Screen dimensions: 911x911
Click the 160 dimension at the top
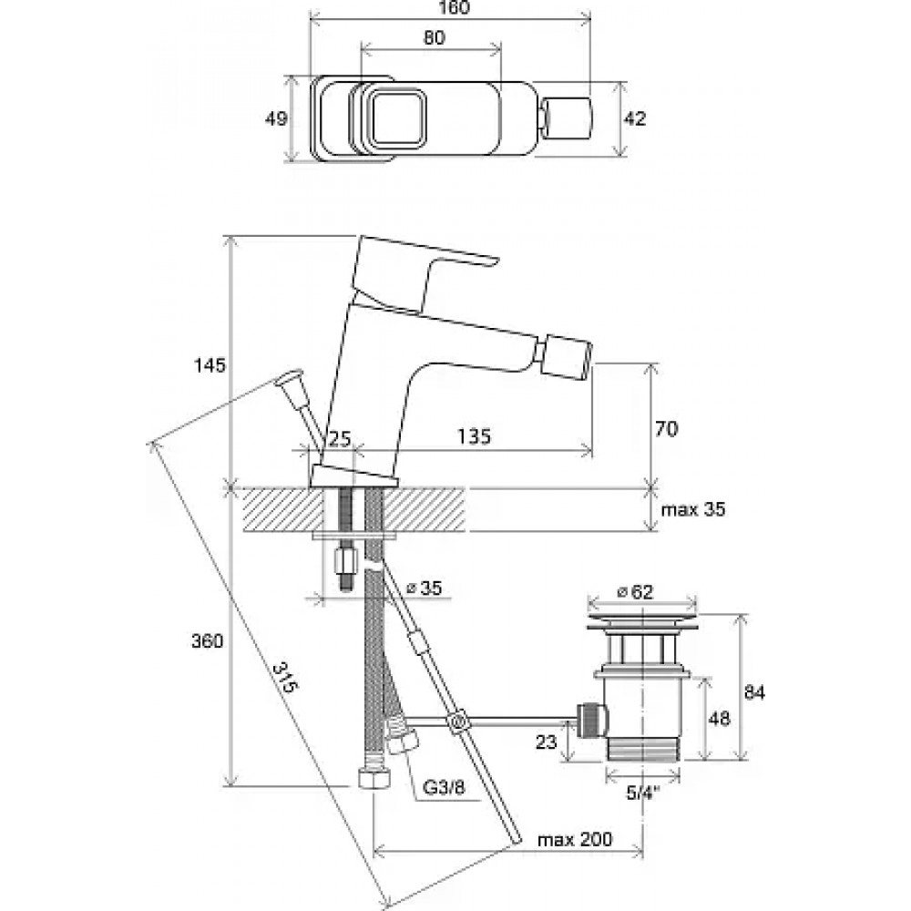coord(451,7)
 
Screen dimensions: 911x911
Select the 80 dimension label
coord(434,37)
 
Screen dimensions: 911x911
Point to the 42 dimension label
coord(634,118)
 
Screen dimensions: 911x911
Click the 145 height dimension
coord(210,365)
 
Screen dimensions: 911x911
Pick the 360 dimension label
coord(208,641)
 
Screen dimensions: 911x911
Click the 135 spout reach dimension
coord(474,435)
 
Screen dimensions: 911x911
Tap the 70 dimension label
coord(666,429)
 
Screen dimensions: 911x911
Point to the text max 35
coord(693,509)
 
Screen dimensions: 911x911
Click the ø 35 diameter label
coord(424,588)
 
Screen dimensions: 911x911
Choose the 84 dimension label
coord(754,692)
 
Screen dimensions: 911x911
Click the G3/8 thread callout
coord(444,788)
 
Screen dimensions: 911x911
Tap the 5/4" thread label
coord(642,793)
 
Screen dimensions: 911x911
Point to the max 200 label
coord(575,840)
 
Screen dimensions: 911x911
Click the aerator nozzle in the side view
coord(567,355)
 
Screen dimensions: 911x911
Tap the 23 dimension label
coord(546,742)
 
